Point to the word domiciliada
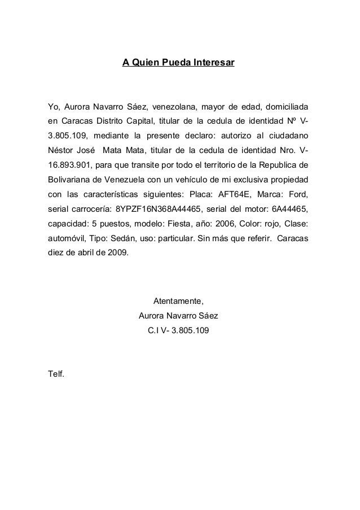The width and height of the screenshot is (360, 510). coord(281,107)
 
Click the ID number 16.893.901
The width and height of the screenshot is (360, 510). coord(66,165)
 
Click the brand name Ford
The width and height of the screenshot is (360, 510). coord(297,195)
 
